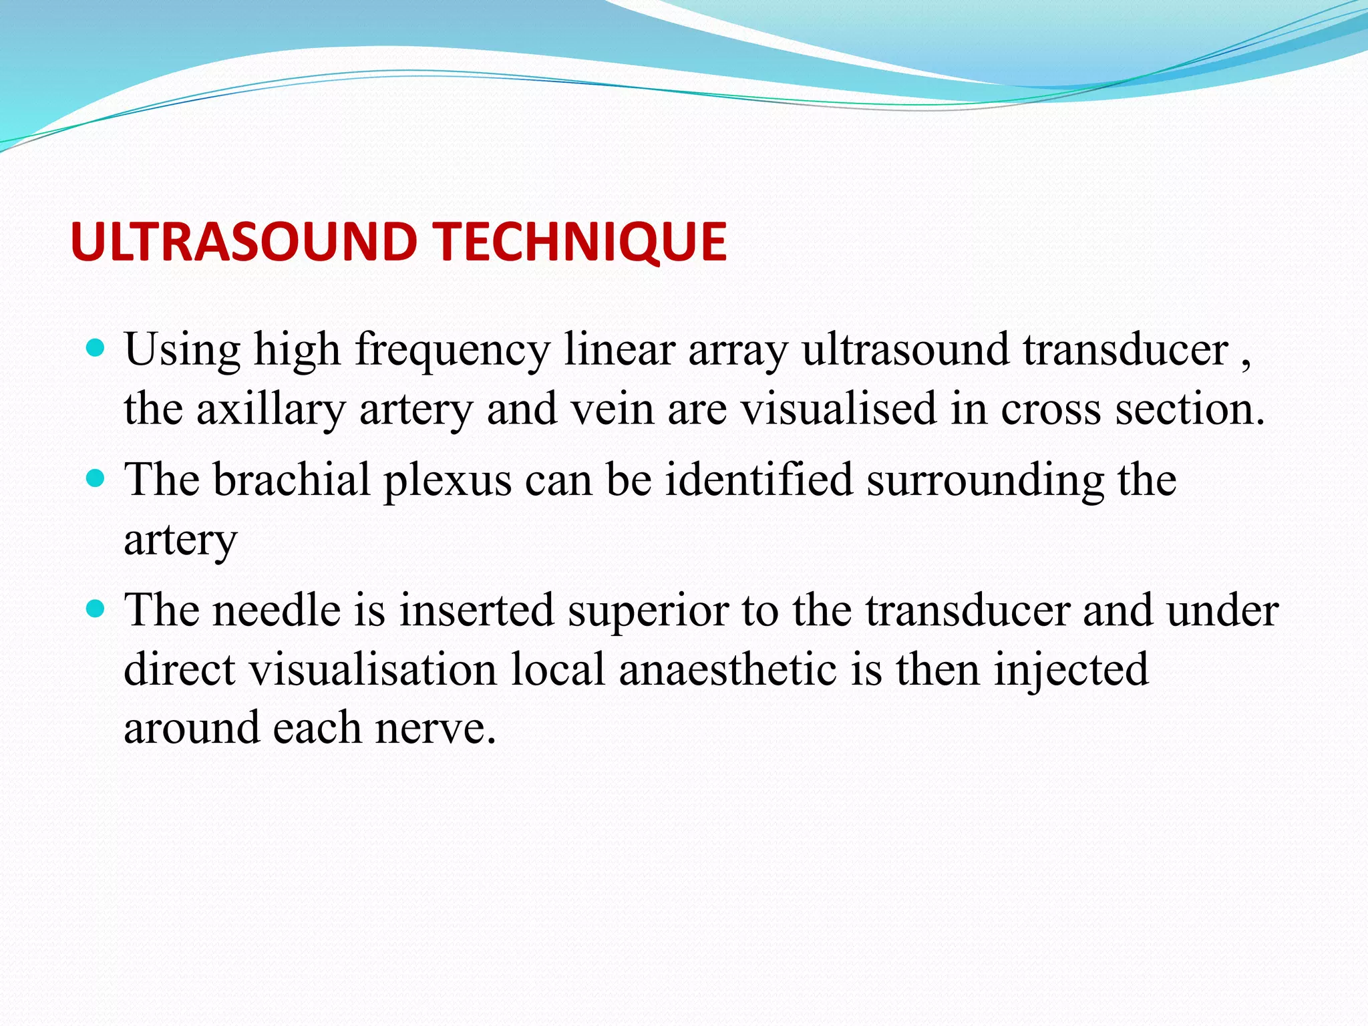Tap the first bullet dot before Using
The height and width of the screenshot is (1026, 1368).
[x=96, y=348]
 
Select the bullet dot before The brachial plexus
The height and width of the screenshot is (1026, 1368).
[x=96, y=478]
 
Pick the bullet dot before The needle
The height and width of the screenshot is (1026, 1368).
[x=96, y=609]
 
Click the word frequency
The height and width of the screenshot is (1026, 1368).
[x=452, y=350]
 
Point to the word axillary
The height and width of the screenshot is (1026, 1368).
[x=271, y=409]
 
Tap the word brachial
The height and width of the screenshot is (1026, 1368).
[x=291, y=480]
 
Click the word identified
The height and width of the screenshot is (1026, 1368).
[x=759, y=480]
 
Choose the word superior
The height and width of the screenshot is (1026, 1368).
[x=648, y=611]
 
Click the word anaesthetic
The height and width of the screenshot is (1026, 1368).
[x=727, y=669]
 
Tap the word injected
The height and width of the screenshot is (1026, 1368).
[x=1071, y=670]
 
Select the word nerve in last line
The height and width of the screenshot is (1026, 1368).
[x=435, y=727]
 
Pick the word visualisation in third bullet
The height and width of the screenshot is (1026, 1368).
[x=373, y=669]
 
